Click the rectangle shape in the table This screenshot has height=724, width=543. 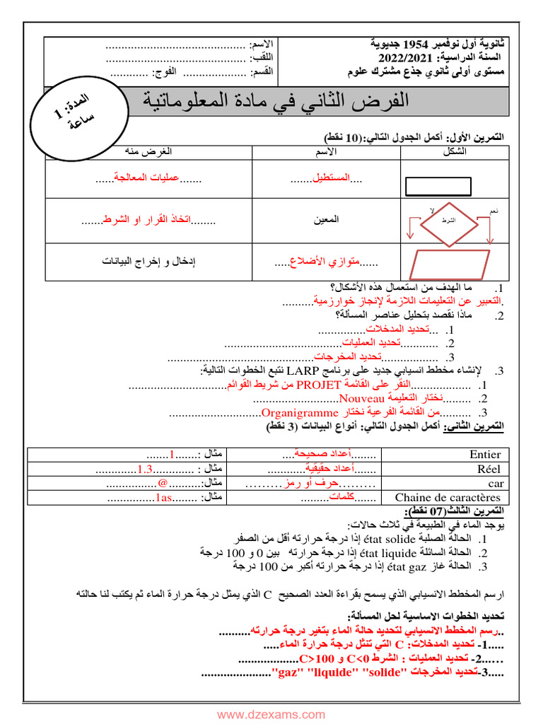pos(438,186)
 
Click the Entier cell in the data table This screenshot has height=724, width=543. pos(484,455)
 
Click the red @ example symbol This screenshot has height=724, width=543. pos(163,484)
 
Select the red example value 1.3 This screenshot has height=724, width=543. pos(146,469)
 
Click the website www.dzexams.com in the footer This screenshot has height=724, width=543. pos(271,715)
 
